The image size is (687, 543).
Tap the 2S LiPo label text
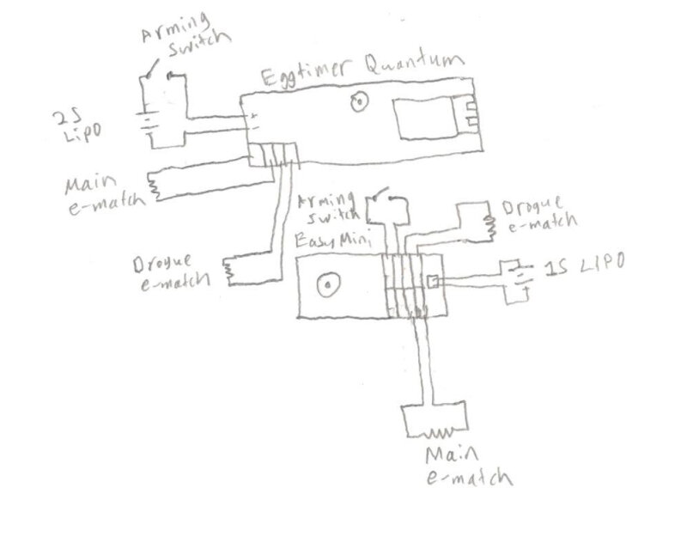tap(76, 126)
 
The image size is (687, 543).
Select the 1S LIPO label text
tap(585, 265)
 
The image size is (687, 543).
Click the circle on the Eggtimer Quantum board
tap(358, 101)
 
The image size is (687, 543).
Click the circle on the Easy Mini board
tap(328, 285)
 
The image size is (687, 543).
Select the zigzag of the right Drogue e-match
tap(489, 228)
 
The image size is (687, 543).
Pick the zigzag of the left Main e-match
tap(154, 186)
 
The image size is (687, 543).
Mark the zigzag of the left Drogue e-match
tap(228, 271)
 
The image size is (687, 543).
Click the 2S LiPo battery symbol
tap(149, 123)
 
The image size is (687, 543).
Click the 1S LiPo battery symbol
tap(521, 277)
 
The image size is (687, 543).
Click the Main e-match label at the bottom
tap(469, 467)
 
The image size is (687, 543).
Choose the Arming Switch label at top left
tap(185, 35)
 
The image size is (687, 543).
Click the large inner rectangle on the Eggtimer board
tap(425, 119)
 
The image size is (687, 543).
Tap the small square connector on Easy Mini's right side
tap(433, 281)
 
